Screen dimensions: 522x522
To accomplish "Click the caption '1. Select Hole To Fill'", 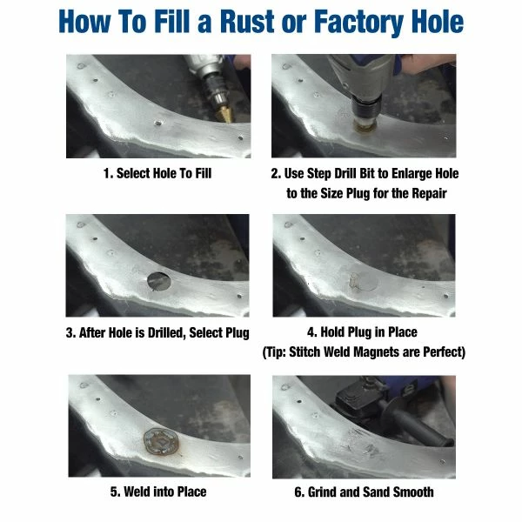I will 157,173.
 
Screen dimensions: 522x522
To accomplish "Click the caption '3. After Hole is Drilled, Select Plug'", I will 157,332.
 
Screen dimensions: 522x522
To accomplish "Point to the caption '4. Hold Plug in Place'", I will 363,332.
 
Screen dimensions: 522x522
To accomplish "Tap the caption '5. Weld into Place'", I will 158,492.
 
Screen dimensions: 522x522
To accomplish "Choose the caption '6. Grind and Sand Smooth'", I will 364,492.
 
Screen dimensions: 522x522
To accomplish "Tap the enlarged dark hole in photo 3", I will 158,280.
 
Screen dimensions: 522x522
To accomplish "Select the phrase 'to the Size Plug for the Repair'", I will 366,192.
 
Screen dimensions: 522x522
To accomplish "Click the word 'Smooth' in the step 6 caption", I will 412,492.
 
